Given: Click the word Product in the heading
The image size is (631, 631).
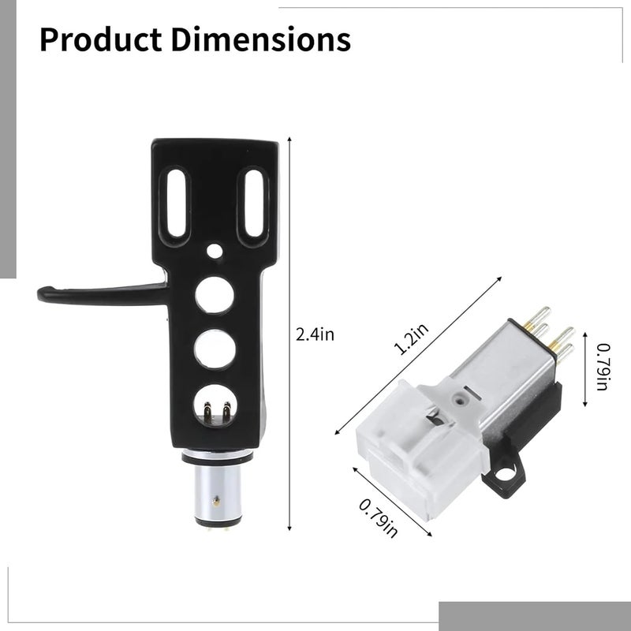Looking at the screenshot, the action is click(x=101, y=39).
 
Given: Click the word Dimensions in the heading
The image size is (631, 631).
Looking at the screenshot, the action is click(x=261, y=39).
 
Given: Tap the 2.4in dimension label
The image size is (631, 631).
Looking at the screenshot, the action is click(x=315, y=334).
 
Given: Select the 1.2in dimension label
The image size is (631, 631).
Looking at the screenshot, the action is click(x=412, y=340).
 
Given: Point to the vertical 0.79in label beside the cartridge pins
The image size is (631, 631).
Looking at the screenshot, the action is click(x=603, y=367).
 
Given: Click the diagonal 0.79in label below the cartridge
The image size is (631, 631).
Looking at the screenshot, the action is click(x=378, y=518).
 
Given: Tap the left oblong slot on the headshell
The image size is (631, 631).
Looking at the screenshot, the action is click(x=176, y=203).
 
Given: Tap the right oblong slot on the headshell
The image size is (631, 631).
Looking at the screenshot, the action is click(x=253, y=203).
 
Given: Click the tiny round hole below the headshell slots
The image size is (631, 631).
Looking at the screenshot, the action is click(x=215, y=251).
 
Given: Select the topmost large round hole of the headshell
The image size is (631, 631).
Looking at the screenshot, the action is click(x=215, y=294).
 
